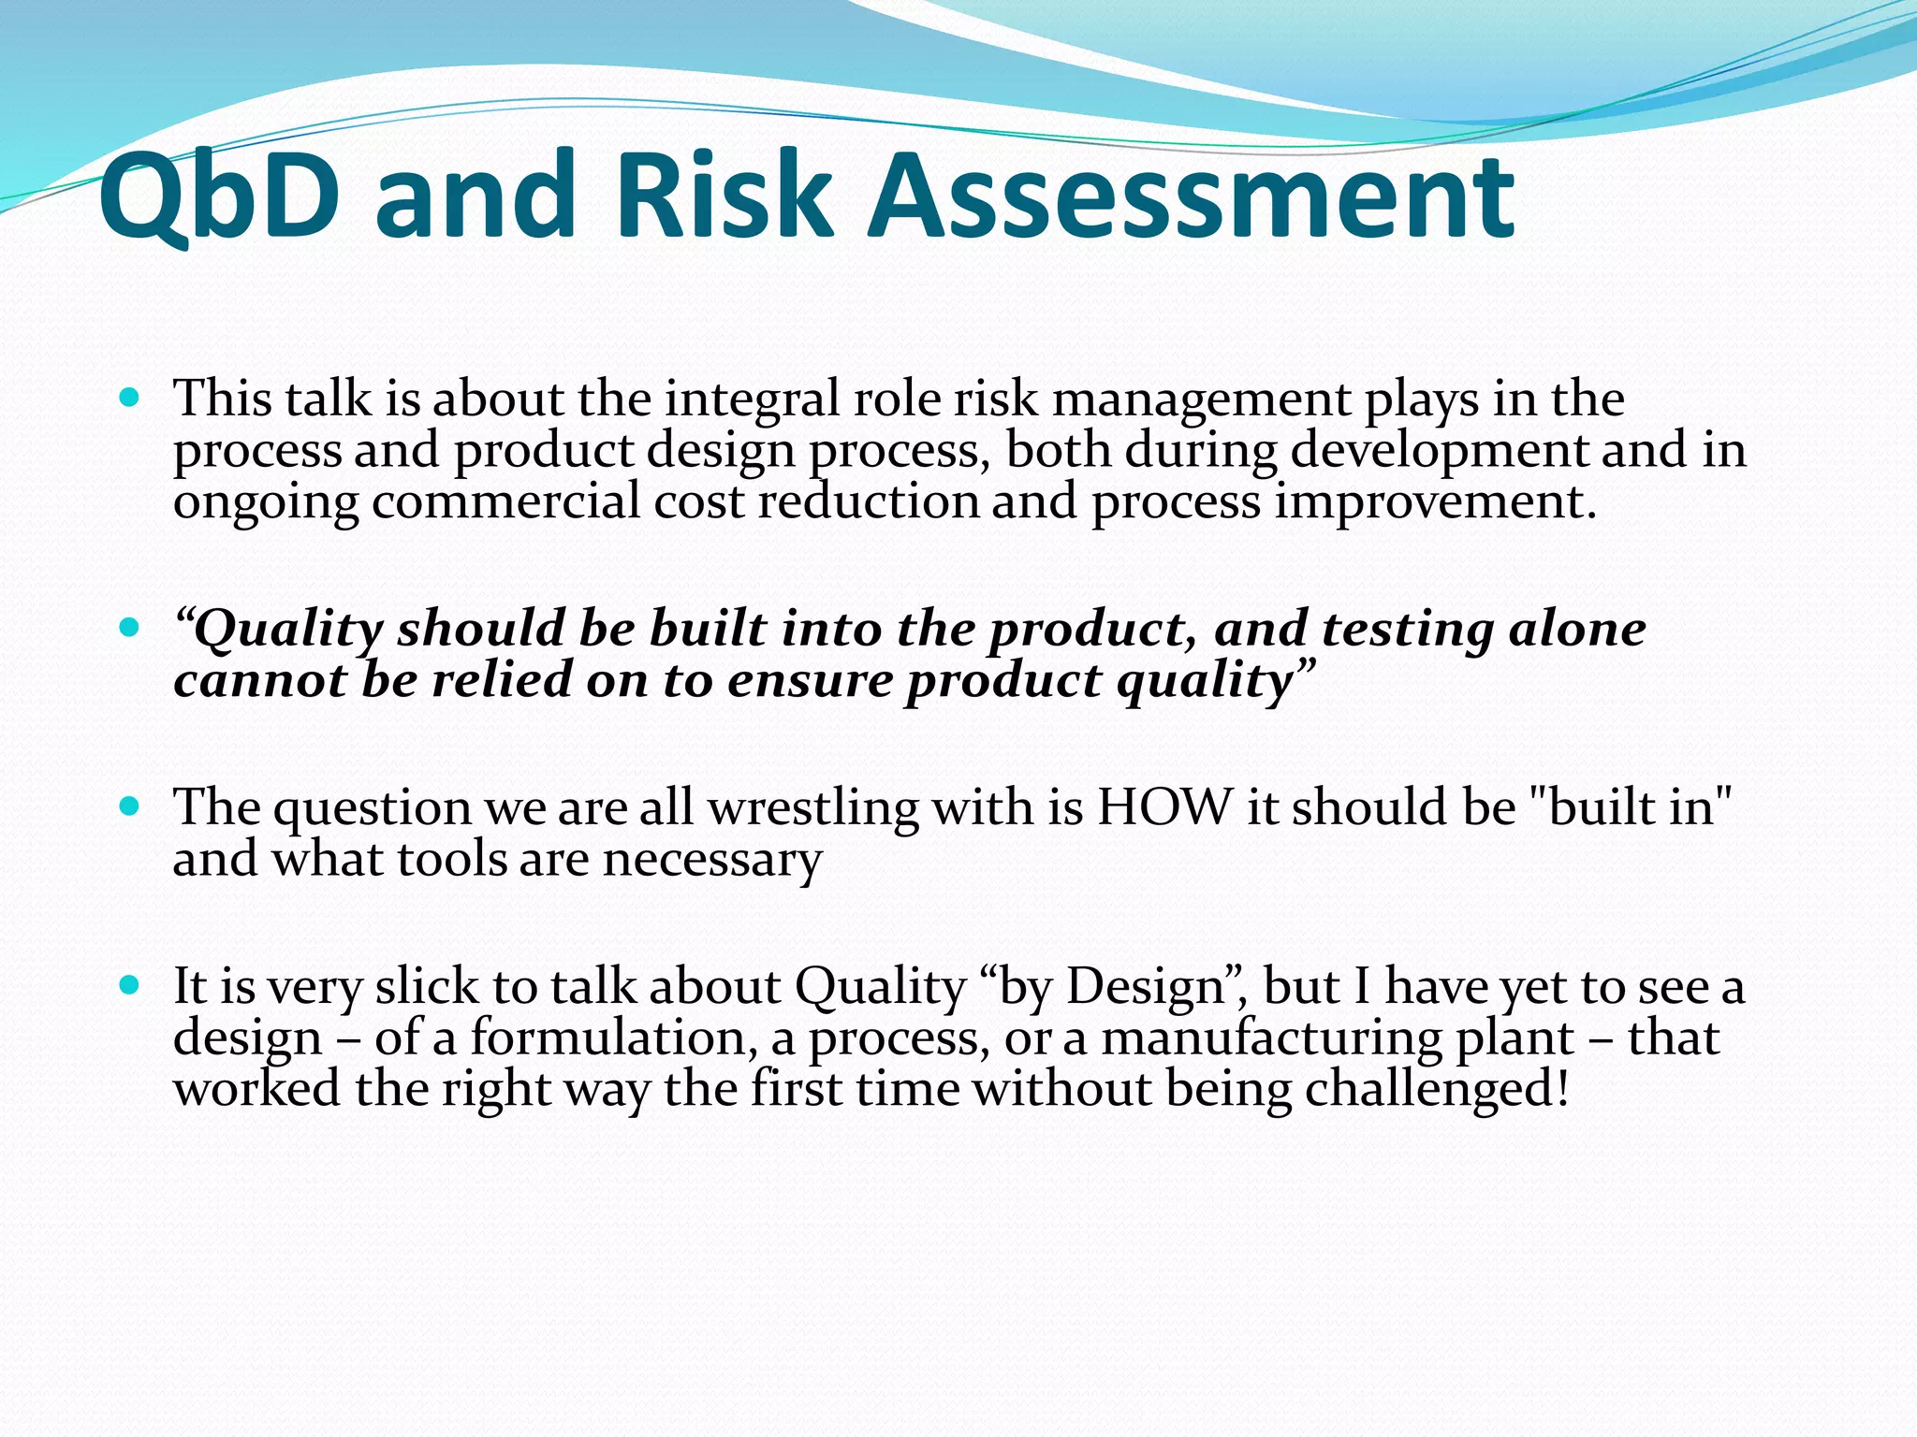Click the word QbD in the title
click(219, 198)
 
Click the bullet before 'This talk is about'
click(130, 398)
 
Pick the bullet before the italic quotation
click(130, 626)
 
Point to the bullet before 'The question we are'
click(130, 806)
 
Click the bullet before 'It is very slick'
click(130, 985)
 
